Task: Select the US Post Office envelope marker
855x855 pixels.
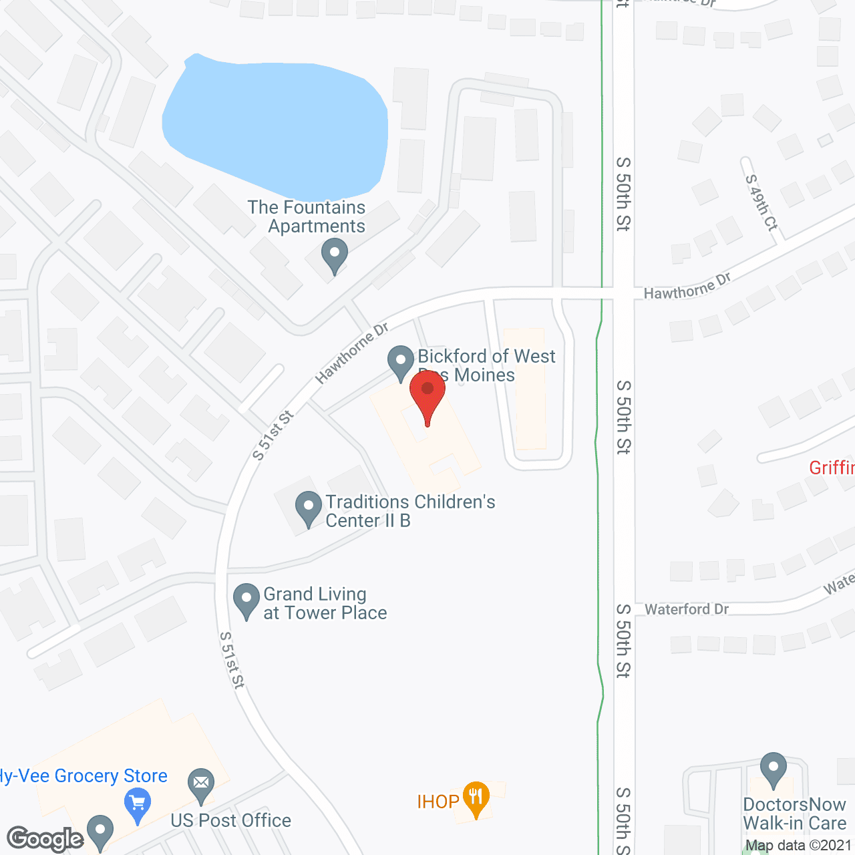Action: click(201, 784)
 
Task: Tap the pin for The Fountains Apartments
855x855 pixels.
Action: click(334, 255)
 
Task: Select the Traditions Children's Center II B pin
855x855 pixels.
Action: click(308, 507)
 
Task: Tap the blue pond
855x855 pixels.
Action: click(274, 120)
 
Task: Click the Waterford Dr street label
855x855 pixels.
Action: click(687, 609)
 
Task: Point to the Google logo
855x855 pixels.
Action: click(45, 839)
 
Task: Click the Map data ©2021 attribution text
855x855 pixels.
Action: click(799, 846)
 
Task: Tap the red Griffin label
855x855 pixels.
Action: click(832, 468)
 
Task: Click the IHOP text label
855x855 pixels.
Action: click(438, 802)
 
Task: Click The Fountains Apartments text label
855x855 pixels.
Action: click(308, 216)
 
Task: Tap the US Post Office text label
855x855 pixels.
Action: click(231, 820)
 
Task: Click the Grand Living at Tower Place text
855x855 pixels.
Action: click(325, 603)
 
